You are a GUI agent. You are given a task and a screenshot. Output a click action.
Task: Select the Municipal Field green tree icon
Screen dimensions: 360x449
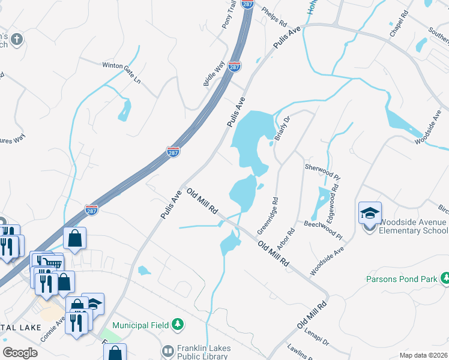(177, 325)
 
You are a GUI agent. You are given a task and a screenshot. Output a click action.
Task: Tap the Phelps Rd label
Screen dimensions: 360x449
(275, 17)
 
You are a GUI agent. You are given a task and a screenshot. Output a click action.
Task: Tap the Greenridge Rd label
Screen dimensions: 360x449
(267, 216)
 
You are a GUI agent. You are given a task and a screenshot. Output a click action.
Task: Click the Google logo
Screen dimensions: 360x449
(20, 352)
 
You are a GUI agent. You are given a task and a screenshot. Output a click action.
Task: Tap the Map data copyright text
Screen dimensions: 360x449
(423, 355)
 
